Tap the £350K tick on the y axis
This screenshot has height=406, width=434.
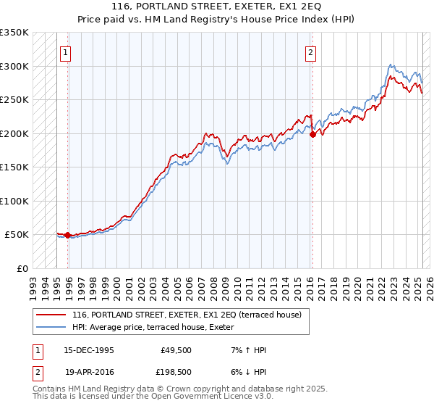(x=14, y=33)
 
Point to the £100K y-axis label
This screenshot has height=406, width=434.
(x=14, y=201)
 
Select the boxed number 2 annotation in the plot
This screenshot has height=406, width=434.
(x=310, y=51)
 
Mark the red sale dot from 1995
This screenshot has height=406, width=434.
(x=67, y=235)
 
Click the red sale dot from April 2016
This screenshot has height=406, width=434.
(x=312, y=134)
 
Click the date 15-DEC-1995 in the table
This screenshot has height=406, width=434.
(x=89, y=350)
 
